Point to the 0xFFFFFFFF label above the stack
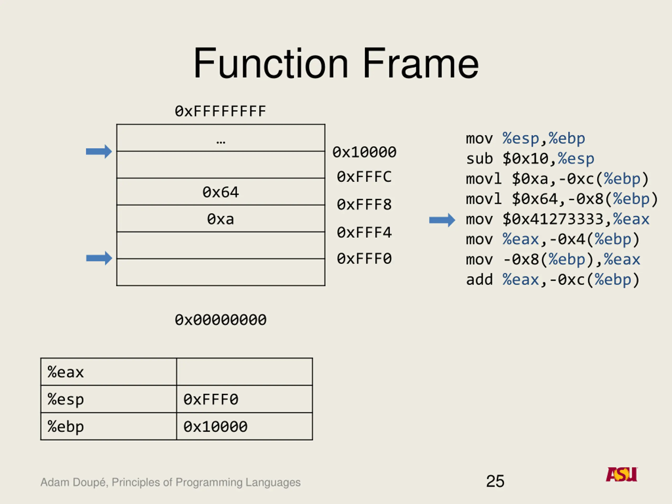click(x=220, y=111)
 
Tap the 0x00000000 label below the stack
click(x=220, y=320)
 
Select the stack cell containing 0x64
click(x=221, y=192)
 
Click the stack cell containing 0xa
click(x=221, y=219)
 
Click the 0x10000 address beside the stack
click(x=364, y=152)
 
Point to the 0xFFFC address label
click(x=364, y=177)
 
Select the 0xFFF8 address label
click(x=364, y=204)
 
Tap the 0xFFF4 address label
click(x=364, y=232)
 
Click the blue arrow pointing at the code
click(x=442, y=220)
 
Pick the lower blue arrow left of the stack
click(x=99, y=258)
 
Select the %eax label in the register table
click(x=66, y=372)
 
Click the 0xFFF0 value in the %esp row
click(x=211, y=400)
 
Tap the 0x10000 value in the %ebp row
click(x=216, y=427)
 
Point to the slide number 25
click(x=495, y=481)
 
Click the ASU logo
click(x=622, y=474)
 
